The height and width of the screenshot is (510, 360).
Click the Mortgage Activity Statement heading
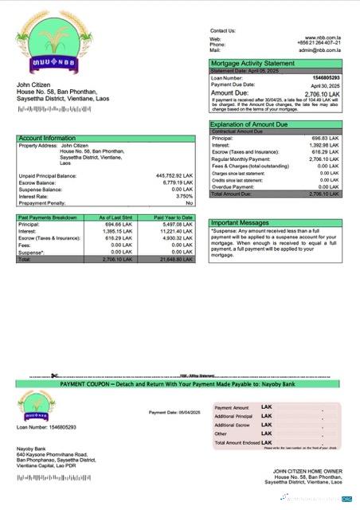[248, 63]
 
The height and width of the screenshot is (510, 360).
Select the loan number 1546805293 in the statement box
[326, 78]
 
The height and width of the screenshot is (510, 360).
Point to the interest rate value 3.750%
[184, 195]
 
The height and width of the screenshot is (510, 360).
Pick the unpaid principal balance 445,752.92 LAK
[174, 175]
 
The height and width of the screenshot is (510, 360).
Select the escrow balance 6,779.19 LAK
[178, 182]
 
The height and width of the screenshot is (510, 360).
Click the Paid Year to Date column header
[173, 218]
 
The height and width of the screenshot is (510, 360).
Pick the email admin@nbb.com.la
[320, 49]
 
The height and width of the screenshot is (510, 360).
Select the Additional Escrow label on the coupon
[233, 425]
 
